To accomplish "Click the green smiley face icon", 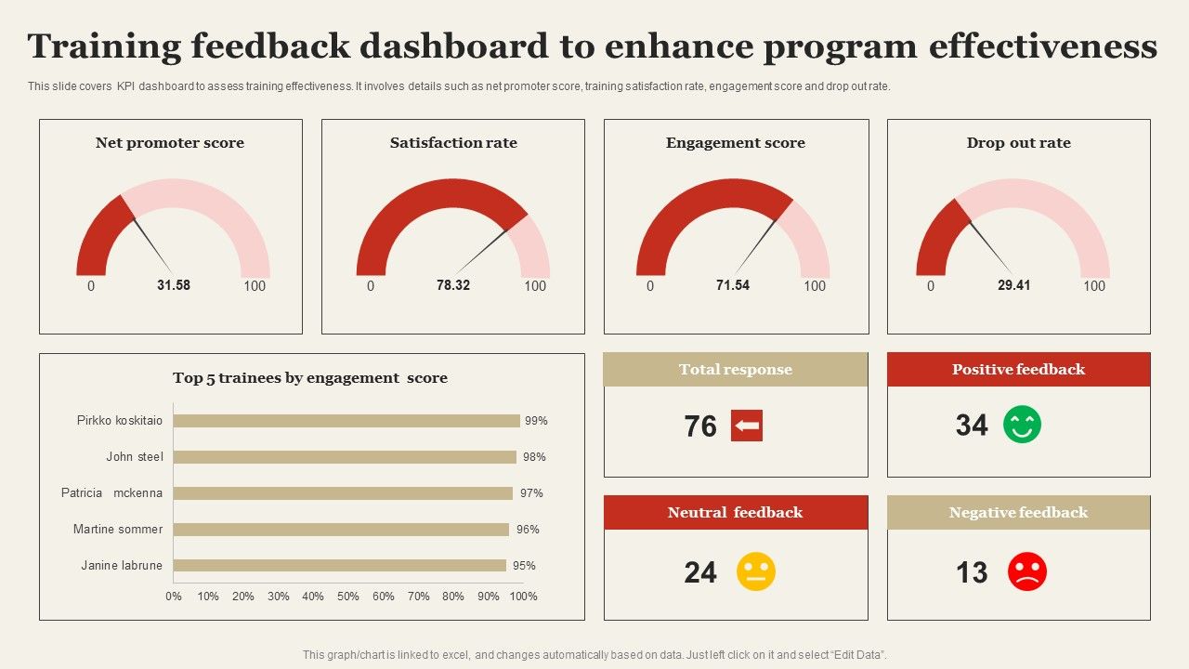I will pos(1022,425).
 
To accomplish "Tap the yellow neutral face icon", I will pos(755,571).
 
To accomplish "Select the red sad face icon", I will pos(1026,571).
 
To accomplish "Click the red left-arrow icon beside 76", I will pos(746,426).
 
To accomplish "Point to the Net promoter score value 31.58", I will pos(173,285).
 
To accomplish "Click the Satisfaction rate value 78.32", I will pos(453,285).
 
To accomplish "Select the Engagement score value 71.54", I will pos(732,285).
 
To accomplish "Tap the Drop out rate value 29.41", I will pos(1013,285).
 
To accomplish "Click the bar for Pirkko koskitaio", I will pos(346,421).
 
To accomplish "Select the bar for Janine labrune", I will pos(339,566).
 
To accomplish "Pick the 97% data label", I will pos(530,493).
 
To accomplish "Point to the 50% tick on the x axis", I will pos(348,597).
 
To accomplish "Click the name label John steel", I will pos(134,457).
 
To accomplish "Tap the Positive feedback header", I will pos(1018,370).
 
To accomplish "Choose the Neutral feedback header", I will pos(735,513).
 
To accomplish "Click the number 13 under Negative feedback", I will pos(972,572).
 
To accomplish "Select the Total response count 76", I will pos(700,426).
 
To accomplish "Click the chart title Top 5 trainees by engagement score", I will pos(310,378).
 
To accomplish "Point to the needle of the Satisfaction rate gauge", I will pos(481,250).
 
